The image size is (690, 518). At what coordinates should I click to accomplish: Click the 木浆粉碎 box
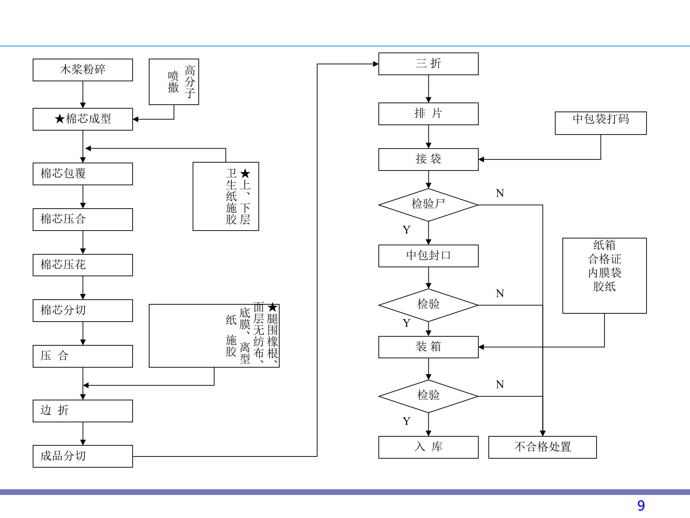coord(83,70)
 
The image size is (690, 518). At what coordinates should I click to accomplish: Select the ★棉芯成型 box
coord(83,119)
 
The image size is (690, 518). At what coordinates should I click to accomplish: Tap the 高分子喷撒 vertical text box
coord(174,82)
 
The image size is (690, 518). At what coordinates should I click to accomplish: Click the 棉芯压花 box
coord(83,265)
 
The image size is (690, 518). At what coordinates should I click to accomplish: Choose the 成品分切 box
coord(83,456)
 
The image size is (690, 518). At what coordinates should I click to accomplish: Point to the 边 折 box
coord(83,411)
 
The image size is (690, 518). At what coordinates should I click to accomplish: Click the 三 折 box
coord(428,64)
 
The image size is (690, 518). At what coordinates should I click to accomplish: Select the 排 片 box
coord(428,114)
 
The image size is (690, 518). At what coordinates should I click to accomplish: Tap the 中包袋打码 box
coord(601,123)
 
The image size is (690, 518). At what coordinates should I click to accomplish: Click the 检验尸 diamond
coord(428,205)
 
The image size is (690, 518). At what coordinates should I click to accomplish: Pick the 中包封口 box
coord(428,256)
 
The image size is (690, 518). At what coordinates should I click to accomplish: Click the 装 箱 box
coord(428,347)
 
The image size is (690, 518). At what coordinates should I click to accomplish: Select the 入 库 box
coord(428,447)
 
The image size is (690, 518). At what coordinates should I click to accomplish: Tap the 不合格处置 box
coord(542,447)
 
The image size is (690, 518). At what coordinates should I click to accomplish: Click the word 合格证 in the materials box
coord(604,259)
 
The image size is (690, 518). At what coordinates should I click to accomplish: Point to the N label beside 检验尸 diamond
coord(500,193)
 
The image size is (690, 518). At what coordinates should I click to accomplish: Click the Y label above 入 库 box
coord(406,421)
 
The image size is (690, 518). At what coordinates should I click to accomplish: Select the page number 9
coord(641,505)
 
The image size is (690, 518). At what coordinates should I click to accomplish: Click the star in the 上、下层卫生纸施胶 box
coord(245,174)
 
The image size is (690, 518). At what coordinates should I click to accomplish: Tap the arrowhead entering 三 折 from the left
coord(376,64)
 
